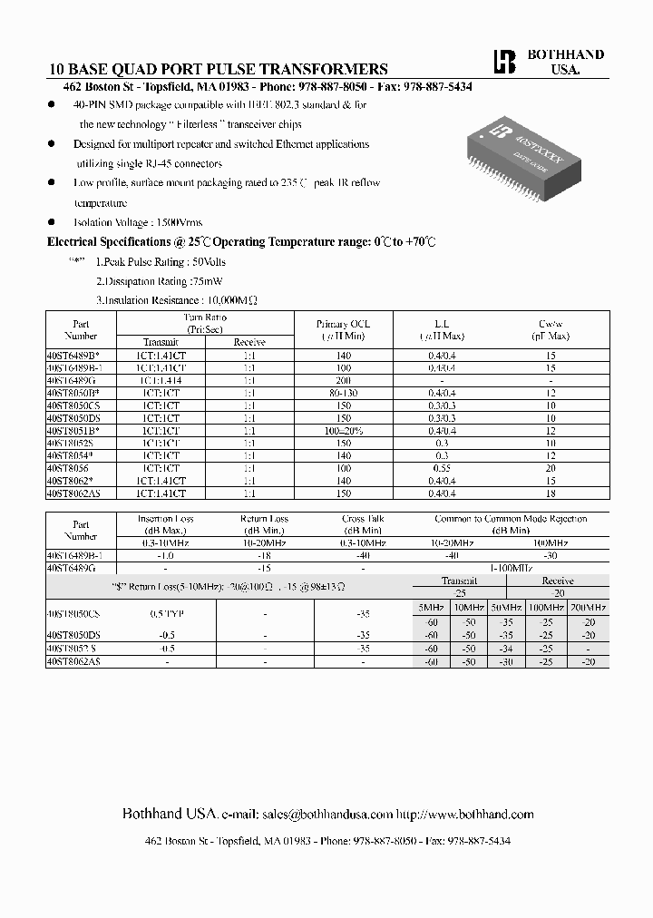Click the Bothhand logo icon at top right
pos(502,61)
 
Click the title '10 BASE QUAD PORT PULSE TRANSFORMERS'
pos(218,69)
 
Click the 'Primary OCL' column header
pos(343,324)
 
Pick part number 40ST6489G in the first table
pos(70,381)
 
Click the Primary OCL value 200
pos(343,381)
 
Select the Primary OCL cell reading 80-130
pos(343,393)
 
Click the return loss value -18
pos(264,554)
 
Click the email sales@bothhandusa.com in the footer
pos(327,815)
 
